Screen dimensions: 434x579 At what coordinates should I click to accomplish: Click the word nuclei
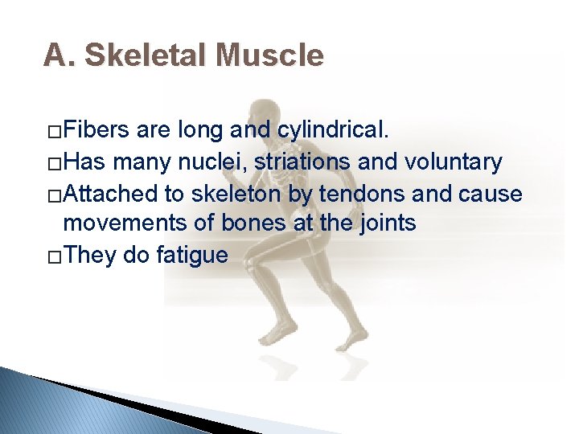(x=217, y=162)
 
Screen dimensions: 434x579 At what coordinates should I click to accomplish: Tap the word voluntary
(x=454, y=162)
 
